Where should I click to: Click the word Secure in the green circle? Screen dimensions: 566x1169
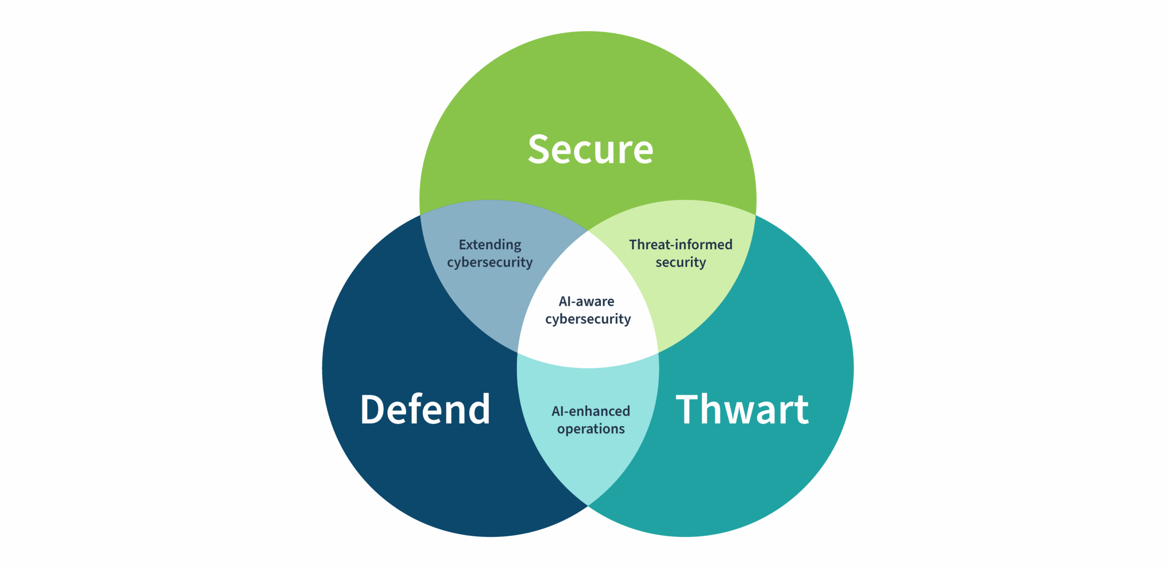pos(590,149)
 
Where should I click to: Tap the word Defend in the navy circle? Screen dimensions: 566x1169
pos(425,409)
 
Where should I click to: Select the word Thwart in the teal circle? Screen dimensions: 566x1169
pos(742,409)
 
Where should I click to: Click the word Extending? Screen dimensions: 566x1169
pos(490,245)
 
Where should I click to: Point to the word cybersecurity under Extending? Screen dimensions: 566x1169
pos(490,262)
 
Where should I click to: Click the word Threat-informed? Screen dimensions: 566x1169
pos(680,245)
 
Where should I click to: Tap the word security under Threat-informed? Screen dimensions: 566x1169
pos(680,262)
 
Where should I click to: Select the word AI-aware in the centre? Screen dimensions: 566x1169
pos(586,301)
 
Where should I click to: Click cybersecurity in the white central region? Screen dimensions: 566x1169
pos(588,319)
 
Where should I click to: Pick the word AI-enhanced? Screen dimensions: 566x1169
pos(590,411)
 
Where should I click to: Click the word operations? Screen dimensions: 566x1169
pos(590,429)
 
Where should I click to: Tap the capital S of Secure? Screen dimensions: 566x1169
pos(539,149)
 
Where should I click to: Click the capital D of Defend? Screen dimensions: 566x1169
pos(372,409)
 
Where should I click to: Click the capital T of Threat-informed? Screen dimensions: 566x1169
pos(633,245)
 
